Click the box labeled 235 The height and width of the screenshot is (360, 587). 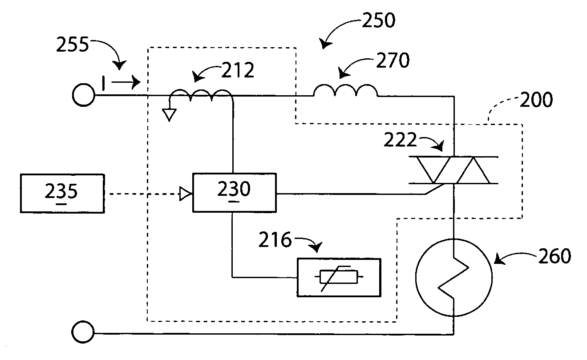coord(62,194)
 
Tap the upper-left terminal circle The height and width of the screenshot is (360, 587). coord(83,95)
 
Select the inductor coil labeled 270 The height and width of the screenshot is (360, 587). coord(345,91)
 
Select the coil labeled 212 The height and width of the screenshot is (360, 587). coord(202,94)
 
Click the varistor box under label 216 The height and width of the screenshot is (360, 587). coord(339,277)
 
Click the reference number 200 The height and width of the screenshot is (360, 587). coord(537,100)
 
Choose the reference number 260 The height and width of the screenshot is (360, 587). coord(554,256)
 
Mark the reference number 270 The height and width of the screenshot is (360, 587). coord(392,61)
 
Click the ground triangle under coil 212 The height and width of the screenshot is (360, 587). coord(168,115)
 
